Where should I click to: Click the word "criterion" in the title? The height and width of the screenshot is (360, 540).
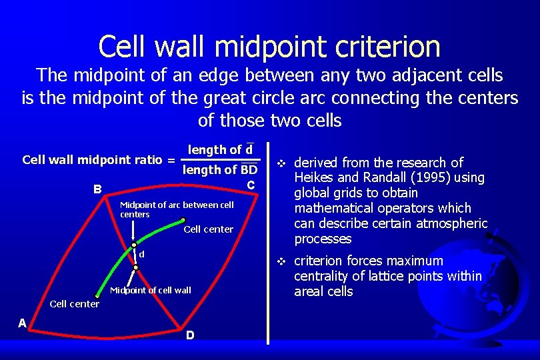[374, 47]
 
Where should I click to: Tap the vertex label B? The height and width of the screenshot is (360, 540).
[97, 189]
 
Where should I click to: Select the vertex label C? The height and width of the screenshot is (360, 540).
[250, 184]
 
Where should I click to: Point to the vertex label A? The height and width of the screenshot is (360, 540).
[22, 323]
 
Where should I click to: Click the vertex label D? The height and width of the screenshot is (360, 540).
[190, 335]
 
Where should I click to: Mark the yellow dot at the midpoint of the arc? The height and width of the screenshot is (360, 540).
[133, 245]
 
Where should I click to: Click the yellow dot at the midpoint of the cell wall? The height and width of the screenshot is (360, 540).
[135, 267]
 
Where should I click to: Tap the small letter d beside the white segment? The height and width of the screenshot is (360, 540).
[141, 254]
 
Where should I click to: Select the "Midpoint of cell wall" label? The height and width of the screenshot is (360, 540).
[150, 290]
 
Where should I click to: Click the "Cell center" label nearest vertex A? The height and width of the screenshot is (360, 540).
[75, 304]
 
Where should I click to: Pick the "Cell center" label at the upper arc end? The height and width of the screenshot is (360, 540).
[208, 229]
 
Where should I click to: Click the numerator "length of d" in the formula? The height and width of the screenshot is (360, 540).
[220, 150]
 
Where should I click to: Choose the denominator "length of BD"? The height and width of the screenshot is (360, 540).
[220, 170]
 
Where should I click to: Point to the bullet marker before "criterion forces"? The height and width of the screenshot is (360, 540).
[281, 261]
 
